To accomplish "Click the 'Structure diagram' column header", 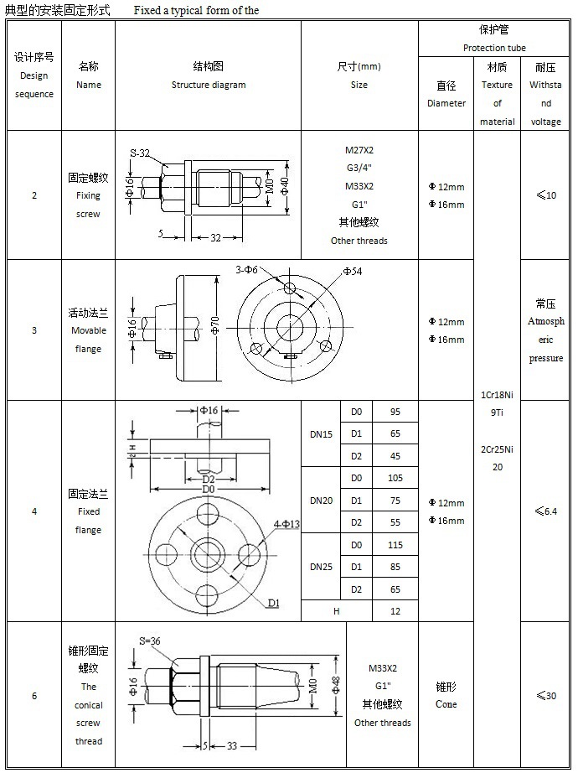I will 209,75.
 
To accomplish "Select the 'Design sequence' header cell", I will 34,75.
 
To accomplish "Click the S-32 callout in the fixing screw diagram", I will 140,153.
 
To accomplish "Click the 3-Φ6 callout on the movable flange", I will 248,270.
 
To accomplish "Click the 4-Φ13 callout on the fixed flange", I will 286,524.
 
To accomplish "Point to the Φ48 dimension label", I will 336,685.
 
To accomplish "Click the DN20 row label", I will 321,501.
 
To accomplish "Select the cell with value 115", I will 395,545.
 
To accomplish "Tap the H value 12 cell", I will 395,611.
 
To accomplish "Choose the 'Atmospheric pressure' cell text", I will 545,331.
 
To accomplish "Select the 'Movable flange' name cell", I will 88,330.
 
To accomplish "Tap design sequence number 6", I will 34,696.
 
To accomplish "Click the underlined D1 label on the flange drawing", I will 273,603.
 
